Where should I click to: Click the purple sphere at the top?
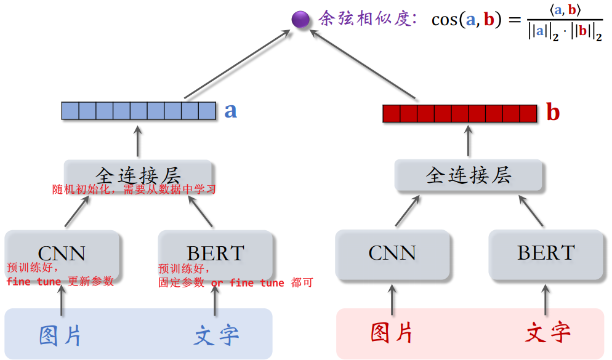pos(300,20)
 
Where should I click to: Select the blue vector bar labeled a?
pos(139,110)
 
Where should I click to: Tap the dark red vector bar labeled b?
pos(460,113)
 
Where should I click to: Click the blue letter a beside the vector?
pos(230,110)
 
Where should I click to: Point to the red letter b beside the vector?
pos(553,113)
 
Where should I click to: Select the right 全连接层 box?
pos(469,176)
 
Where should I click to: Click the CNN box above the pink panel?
pos(392,253)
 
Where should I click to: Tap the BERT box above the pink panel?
pos(546,253)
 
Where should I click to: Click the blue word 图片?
pos(61,335)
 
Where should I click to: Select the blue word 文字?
pos(216,335)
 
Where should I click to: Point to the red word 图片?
pos(392,333)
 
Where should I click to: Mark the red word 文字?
pos(547,333)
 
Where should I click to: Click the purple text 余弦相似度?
pos(364,19)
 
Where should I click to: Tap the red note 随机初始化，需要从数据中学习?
pos(134,190)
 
